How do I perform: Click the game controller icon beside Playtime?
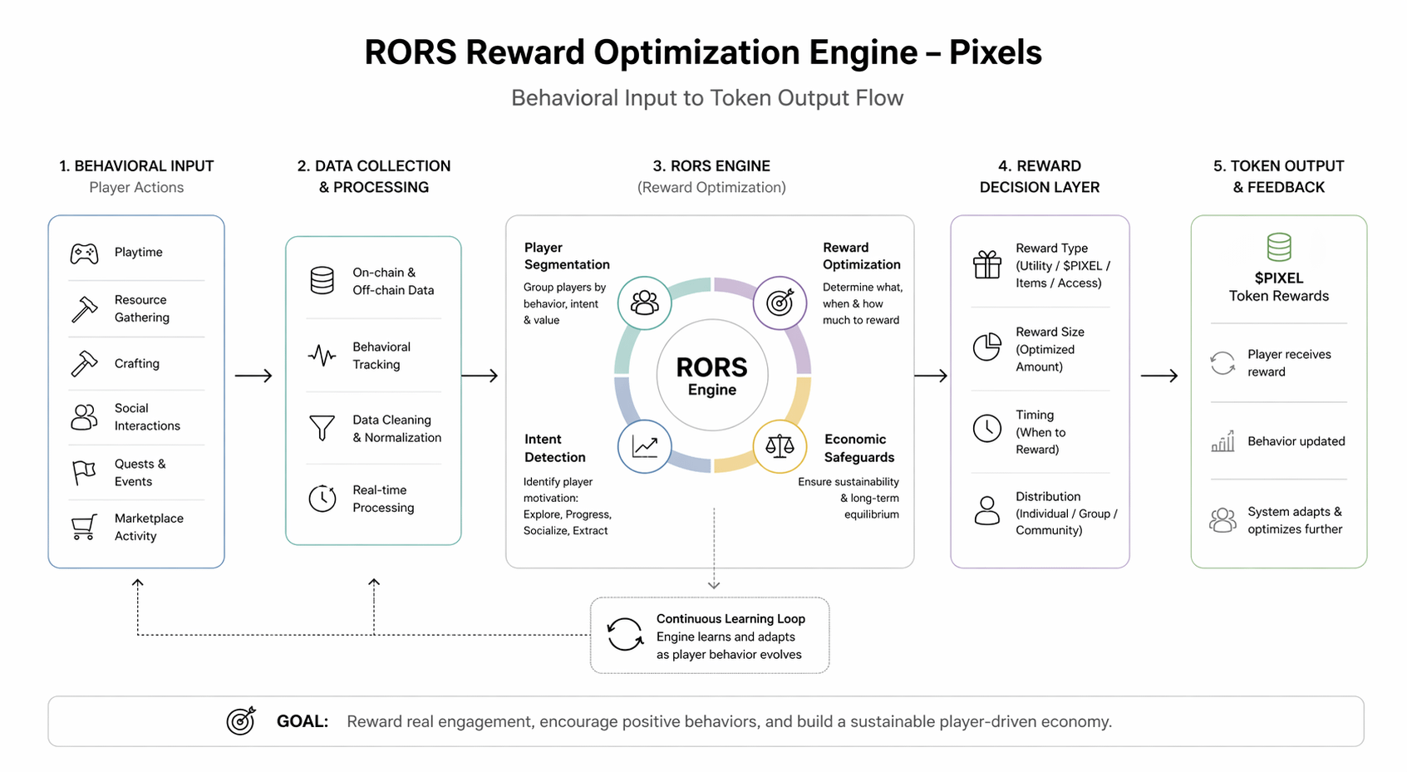84,253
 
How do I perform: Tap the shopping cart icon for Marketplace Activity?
84,527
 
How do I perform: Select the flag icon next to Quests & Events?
84,472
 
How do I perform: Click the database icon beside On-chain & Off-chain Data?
322,281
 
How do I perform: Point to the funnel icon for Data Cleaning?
322,428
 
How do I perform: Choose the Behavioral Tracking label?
381,356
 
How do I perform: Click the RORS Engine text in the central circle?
711,376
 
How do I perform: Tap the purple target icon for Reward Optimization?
780,302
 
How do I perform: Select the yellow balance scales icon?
780,447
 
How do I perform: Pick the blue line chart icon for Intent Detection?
644,447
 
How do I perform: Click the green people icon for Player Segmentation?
644,302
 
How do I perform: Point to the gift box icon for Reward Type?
987,265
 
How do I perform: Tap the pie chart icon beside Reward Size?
987,347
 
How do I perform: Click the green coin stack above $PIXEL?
1279,248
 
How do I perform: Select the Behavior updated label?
1296,441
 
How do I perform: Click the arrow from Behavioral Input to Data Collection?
253,376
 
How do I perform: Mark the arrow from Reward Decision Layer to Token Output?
1159,376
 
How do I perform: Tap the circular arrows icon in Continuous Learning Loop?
624,635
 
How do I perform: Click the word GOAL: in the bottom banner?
303,721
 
